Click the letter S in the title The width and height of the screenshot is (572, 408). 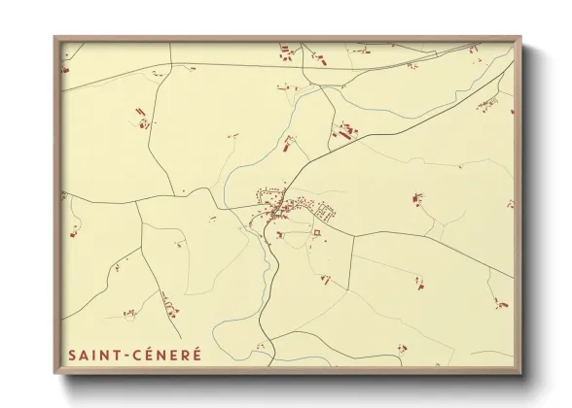click(x=72, y=357)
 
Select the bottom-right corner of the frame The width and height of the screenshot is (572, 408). click(x=521, y=373)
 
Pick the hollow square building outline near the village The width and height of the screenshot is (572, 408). click(x=316, y=233)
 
